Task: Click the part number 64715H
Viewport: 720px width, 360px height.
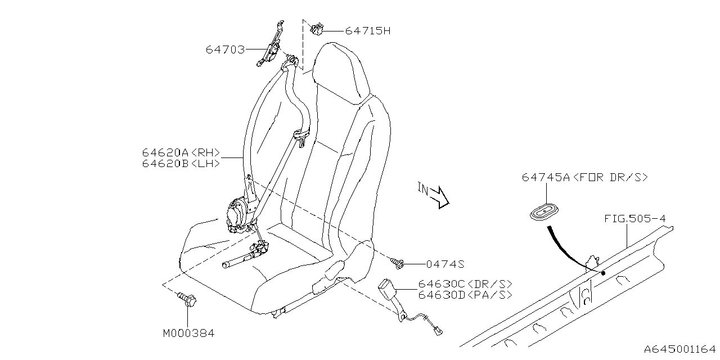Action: tap(368, 31)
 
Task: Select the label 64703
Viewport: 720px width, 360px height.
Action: tap(226, 49)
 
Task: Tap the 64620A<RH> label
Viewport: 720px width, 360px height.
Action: tap(181, 152)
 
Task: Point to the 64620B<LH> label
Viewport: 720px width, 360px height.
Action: tap(181, 164)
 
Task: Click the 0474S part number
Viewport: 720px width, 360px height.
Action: tap(445, 264)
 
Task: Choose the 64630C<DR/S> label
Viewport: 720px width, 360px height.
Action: tap(465, 284)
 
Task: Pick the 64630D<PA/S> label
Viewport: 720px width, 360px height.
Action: tap(465, 295)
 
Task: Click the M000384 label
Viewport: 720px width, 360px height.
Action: tap(188, 334)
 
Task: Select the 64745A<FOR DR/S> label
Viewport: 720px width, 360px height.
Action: tap(584, 177)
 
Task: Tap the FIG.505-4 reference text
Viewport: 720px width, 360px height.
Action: tap(635, 219)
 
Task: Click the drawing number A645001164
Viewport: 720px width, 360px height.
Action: tap(680, 349)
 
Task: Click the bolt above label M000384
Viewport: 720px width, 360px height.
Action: tap(187, 299)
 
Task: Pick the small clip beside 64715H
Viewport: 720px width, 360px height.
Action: tap(317, 29)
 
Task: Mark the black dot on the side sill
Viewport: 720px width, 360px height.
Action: tap(604, 273)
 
